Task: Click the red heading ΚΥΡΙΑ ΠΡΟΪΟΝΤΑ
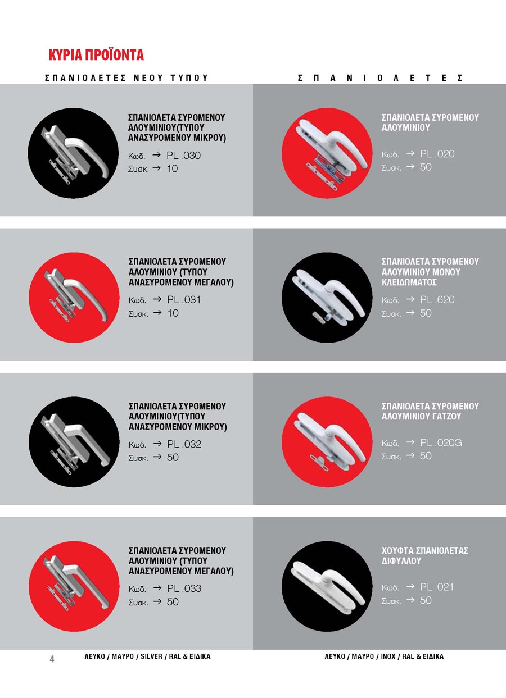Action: coord(96,55)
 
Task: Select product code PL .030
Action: coord(183,155)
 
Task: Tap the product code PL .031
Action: coord(184,299)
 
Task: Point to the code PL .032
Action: coord(184,444)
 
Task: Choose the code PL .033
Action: coord(184,588)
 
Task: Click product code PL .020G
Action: coord(441,442)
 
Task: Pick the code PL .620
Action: coord(437,299)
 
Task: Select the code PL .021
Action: coord(437,587)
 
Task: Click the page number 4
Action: coord(52,659)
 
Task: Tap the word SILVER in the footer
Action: coord(151,656)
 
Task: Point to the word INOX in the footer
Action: coord(388,656)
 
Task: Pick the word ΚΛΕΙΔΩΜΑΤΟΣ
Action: coord(409,282)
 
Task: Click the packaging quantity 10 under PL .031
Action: coord(173,313)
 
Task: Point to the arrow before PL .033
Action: coord(157,588)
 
